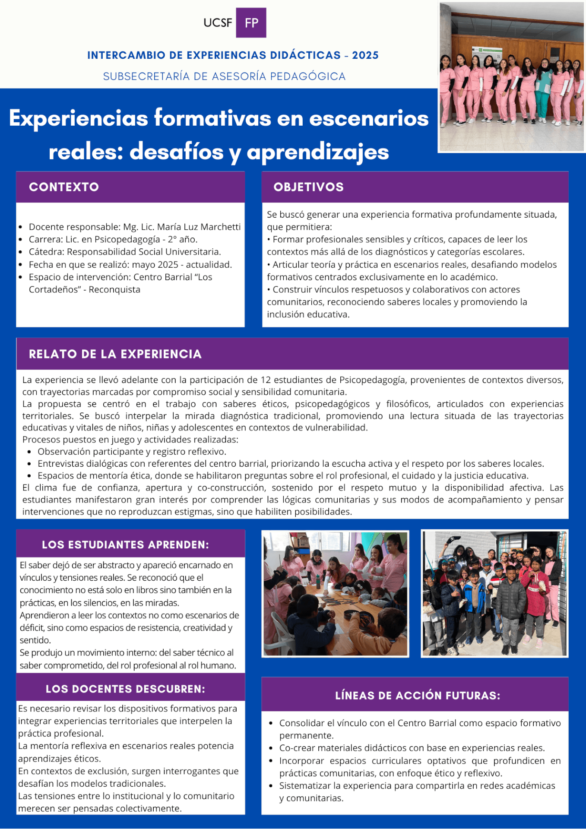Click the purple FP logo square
pos(251,23)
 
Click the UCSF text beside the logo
pos(218,23)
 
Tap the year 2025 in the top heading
pos(365,55)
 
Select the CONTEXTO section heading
pos(64,187)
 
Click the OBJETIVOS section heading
pos(308,187)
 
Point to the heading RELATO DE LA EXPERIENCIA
pos(115,354)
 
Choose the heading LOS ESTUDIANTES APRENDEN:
pos(125,544)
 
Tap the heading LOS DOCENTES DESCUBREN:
pos(125,689)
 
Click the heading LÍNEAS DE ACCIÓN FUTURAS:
pos(417,696)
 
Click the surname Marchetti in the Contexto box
pos(220,227)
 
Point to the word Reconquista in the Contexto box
pos(114,290)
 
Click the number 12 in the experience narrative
pos(266,380)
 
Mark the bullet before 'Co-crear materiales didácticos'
pos(271,748)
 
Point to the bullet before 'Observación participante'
pos(29,452)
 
